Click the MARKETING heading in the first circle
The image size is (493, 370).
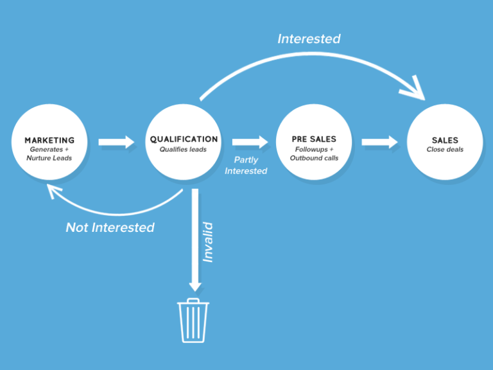(x=49, y=140)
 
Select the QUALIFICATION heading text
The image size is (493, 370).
(x=184, y=139)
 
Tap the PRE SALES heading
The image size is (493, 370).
(x=314, y=139)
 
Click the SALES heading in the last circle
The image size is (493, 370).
(x=445, y=140)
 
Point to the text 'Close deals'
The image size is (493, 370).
(x=445, y=150)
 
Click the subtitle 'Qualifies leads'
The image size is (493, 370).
(x=184, y=149)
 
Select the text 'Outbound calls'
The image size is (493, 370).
(x=314, y=158)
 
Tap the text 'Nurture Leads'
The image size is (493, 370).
(x=49, y=158)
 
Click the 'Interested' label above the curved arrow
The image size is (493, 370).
(x=309, y=39)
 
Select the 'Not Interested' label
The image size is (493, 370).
(x=110, y=227)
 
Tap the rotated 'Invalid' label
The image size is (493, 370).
(x=208, y=242)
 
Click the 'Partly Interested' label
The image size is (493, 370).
(x=246, y=166)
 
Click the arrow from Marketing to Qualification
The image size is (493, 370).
(x=117, y=142)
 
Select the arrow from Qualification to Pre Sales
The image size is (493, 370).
(x=250, y=142)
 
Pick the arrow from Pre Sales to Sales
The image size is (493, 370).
(x=379, y=142)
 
